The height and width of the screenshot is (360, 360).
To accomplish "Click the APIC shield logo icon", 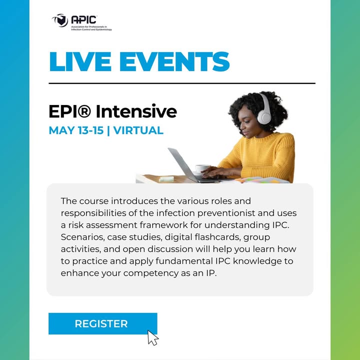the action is (60, 20).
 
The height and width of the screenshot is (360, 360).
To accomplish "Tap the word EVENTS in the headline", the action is (174, 61).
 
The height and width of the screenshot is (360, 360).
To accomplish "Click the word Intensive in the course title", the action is (136, 111).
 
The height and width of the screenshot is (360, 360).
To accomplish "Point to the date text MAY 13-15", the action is (76, 130).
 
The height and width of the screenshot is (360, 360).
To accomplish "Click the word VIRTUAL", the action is (138, 130).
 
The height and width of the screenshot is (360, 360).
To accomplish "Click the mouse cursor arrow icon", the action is (153, 337).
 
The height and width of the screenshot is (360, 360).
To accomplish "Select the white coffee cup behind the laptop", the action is (202, 169).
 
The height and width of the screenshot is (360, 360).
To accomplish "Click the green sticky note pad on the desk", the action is (167, 178).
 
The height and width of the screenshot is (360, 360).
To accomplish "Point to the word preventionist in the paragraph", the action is (226, 213).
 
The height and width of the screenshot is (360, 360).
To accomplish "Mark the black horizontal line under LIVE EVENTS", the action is (182, 83).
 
